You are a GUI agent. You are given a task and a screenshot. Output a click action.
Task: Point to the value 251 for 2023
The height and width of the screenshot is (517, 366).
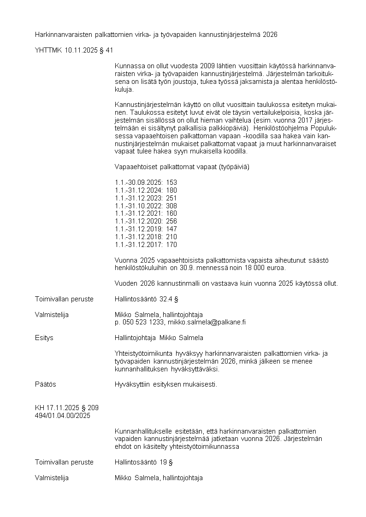click(x=171, y=198)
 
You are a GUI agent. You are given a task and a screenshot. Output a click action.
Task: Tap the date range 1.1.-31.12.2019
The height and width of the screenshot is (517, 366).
click(x=139, y=229)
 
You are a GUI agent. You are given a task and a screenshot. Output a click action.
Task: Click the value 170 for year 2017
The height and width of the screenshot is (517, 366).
click(x=171, y=245)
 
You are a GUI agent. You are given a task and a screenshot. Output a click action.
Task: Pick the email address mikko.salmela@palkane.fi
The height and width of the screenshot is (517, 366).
click(x=207, y=322)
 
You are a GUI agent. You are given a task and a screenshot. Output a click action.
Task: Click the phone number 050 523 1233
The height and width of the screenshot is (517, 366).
click(x=142, y=322)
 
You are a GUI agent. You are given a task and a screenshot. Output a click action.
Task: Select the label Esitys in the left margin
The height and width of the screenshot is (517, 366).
click(x=44, y=338)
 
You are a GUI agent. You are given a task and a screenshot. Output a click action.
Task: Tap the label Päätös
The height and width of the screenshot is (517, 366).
click(x=46, y=384)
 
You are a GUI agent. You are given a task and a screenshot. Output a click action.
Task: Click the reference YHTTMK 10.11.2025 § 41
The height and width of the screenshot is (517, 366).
click(x=74, y=50)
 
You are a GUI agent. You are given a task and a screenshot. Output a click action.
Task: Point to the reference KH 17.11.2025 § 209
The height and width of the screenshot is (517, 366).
click(x=67, y=408)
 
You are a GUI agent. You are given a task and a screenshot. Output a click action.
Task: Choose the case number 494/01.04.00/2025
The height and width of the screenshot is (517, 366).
click(x=63, y=416)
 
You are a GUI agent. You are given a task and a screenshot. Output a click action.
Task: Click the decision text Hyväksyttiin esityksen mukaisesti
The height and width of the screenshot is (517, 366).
click(x=165, y=384)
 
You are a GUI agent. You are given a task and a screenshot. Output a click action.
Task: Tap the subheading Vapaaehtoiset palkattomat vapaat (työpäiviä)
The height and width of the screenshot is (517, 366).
click(x=182, y=167)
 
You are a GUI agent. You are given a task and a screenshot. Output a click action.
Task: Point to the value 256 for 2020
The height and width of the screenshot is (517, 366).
click(x=171, y=221)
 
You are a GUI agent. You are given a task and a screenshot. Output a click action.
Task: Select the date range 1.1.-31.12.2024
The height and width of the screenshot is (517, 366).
click(x=139, y=190)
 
